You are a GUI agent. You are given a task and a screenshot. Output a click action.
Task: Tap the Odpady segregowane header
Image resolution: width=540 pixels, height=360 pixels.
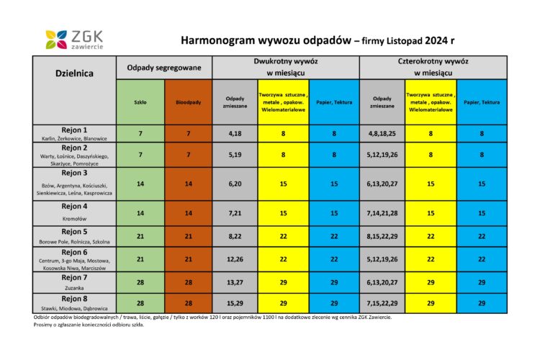click(164, 67)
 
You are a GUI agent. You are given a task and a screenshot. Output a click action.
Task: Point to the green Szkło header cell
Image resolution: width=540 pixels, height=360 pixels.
click(140, 102)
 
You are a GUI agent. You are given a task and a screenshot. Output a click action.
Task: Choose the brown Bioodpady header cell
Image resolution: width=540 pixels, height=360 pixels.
click(188, 102)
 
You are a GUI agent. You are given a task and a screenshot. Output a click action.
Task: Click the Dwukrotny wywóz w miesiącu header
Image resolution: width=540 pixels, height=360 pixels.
click(286, 67)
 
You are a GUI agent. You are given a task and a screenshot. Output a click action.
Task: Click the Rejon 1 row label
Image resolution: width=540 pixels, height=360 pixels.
click(75, 133)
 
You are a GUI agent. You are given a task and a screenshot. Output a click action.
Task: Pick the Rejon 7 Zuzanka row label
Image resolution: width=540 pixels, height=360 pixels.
click(75, 282)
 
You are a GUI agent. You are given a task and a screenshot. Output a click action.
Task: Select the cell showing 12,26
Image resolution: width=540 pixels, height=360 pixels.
click(235, 258)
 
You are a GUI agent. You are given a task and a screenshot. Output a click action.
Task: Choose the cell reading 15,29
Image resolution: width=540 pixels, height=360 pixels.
click(235, 303)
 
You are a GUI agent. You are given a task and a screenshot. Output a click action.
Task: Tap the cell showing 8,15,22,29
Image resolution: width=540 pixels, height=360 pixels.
click(382, 236)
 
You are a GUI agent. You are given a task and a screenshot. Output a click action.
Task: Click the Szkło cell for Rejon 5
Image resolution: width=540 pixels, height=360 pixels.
click(140, 236)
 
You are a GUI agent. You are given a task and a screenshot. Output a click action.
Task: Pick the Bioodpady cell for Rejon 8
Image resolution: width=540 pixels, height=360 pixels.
click(188, 303)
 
